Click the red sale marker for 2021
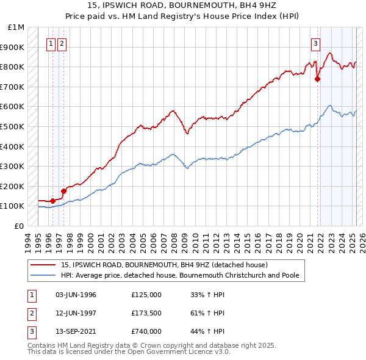[317, 79]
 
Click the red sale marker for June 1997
[63, 191]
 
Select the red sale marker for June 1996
[52, 201]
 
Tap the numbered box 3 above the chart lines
[315, 43]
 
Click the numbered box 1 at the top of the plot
[51, 43]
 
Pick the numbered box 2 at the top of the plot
[62, 43]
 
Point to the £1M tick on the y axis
[16, 27]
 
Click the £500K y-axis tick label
[13, 127]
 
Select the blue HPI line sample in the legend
[42, 275]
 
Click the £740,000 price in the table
[146, 332]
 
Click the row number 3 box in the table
[31, 332]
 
